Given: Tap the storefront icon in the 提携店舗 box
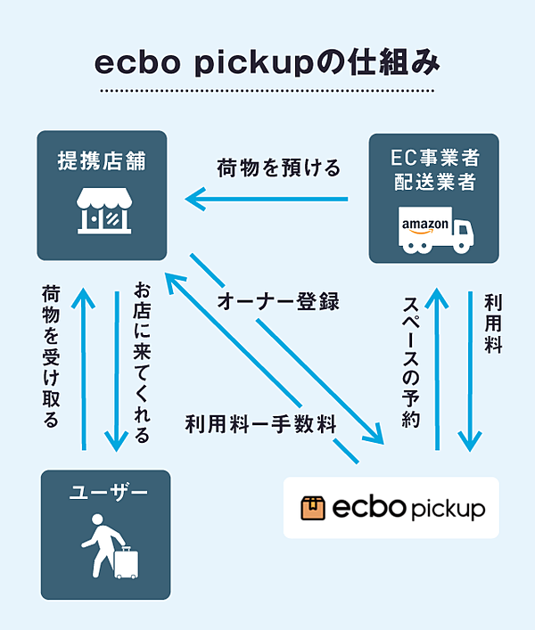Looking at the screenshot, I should pos(102,211).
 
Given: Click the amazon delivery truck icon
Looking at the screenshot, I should pos(434,231).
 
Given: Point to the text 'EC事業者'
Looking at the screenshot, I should pos(434,160).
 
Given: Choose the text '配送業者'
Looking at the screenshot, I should pos(434,184).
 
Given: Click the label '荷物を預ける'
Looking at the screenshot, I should pos(279,167).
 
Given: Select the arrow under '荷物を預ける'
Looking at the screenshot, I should pos(267,197).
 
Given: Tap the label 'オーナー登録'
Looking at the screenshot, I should pos(278,301).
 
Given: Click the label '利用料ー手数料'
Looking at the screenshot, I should pos(260,423).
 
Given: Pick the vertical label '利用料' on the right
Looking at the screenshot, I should pos(492,322).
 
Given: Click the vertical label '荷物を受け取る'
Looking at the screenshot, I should pos(51,356).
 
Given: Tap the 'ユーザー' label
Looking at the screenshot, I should pos(105,494).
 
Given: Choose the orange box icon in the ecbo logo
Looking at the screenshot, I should pos(312,507).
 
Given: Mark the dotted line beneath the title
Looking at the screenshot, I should pos(267,91).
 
